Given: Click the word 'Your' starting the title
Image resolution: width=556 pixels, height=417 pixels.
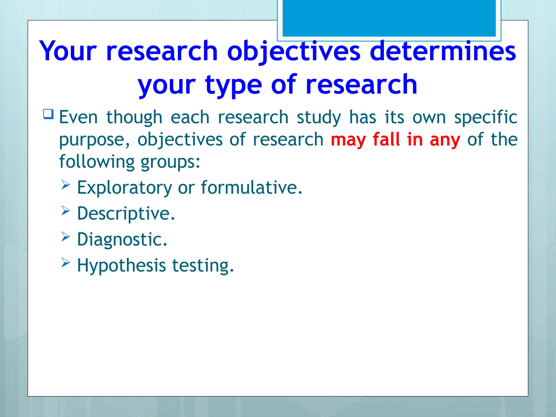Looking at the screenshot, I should tap(68, 51).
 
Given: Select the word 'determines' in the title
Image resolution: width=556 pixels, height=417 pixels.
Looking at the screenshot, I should tap(443, 51).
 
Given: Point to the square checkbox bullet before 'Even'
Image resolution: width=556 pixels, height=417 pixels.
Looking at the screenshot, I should tap(48, 114).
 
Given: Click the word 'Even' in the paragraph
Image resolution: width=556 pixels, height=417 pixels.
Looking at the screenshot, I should tap(78, 117).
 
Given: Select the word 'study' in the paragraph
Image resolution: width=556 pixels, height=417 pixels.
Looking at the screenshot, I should tap(319, 118).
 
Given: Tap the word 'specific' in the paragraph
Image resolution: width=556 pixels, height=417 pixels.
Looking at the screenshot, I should tap(485, 118).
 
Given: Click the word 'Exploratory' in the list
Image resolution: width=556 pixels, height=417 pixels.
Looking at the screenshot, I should tap(124, 188).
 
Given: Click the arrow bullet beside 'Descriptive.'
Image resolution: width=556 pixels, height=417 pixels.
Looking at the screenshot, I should tap(65, 211).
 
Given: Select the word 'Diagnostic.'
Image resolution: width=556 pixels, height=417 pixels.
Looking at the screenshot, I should tap(122, 239).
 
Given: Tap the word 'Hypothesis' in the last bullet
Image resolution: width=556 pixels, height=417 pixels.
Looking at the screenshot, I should tap(121, 266).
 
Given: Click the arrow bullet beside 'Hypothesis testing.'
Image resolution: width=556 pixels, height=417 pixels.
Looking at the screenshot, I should tap(65, 263).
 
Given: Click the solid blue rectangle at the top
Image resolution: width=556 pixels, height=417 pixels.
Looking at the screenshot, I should tap(389, 18).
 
